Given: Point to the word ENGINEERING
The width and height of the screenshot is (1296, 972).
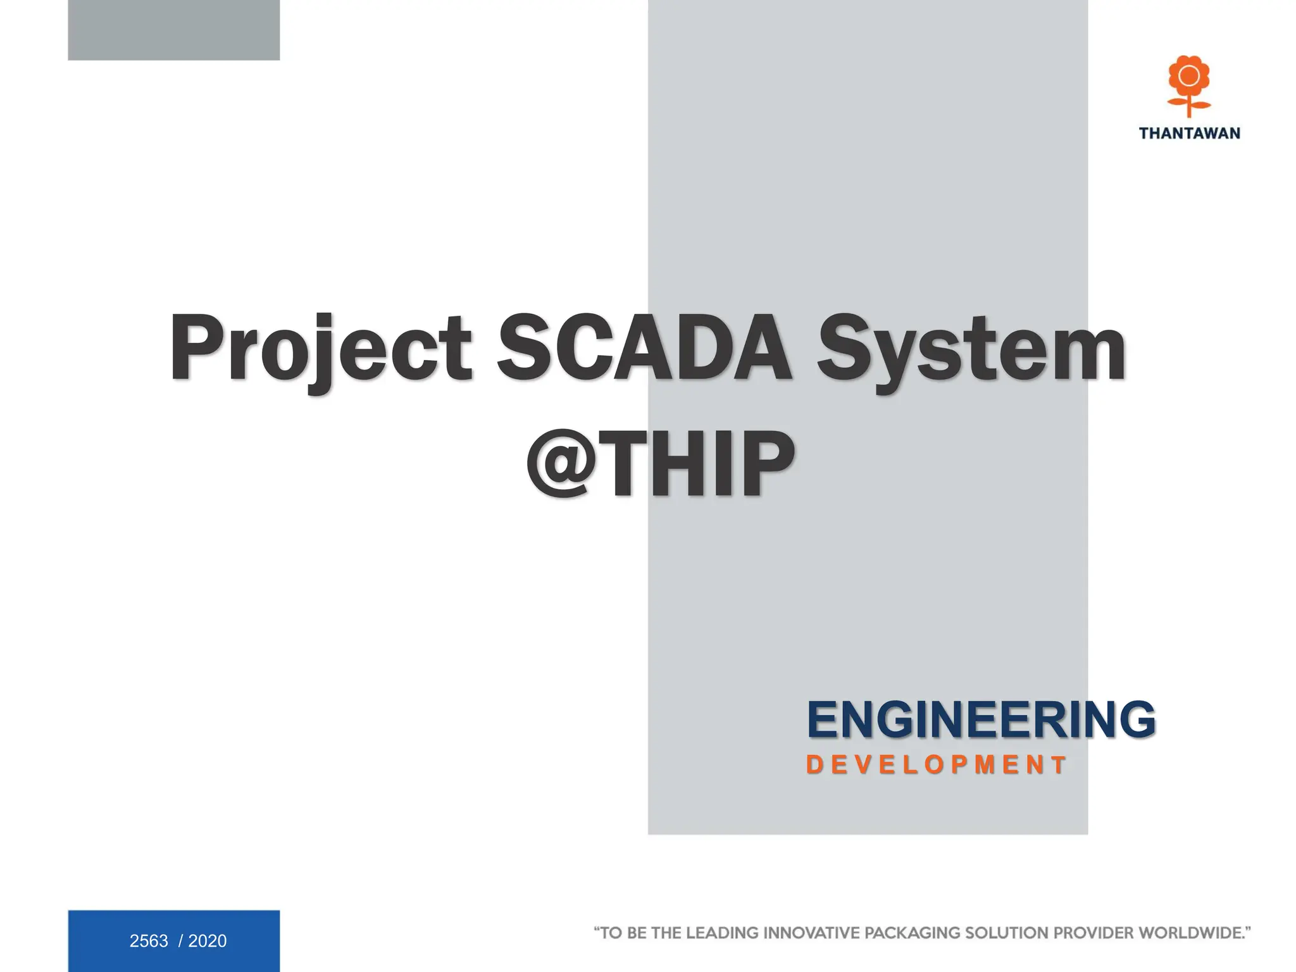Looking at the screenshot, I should [981, 720].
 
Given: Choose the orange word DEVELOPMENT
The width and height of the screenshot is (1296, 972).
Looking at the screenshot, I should [937, 764].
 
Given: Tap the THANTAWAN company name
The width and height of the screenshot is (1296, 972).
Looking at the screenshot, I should [1189, 133].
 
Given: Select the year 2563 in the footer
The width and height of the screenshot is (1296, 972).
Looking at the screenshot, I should [149, 941].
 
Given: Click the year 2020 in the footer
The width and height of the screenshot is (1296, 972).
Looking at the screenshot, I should [208, 941].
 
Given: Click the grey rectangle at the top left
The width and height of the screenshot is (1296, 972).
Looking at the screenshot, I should [173, 30].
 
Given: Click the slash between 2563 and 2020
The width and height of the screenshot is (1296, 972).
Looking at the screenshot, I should [180, 941].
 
